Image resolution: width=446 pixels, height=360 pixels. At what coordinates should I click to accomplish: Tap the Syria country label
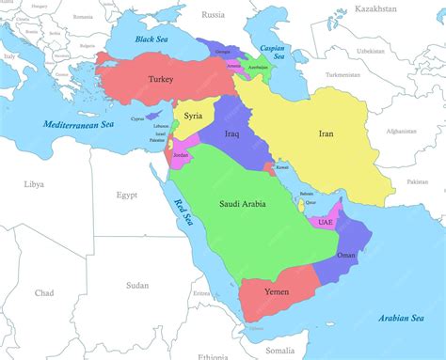[x=193, y=116]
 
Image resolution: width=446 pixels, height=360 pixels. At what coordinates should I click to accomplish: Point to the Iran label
[x=327, y=133]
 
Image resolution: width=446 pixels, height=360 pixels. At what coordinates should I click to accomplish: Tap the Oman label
[x=346, y=255]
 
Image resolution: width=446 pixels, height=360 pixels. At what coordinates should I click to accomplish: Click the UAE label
[x=326, y=223]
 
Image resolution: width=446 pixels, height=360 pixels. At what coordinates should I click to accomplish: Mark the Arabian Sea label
[x=401, y=318]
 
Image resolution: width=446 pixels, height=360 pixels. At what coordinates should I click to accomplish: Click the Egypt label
[x=126, y=195]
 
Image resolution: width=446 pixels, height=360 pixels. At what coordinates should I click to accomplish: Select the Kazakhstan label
[x=377, y=8]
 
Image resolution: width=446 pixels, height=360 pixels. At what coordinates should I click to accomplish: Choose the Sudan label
[x=137, y=284]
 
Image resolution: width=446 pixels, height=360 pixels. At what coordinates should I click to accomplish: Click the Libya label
[x=34, y=184]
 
